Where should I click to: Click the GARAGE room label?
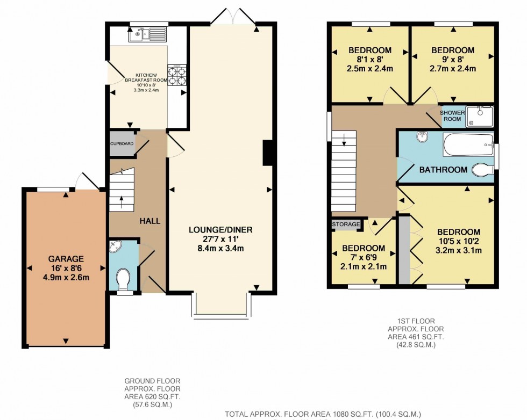(65, 259)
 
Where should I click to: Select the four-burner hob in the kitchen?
(178, 75)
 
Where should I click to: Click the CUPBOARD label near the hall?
(122, 144)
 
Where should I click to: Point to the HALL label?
(150, 220)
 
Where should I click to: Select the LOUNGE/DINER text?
(220, 230)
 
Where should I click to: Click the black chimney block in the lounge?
(267, 153)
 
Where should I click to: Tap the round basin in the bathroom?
(422, 136)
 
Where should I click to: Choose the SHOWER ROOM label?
(452, 115)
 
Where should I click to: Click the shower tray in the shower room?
(479, 116)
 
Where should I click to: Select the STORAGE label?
(346, 225)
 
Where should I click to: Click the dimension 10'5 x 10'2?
(459, 241)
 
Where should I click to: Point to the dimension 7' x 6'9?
(364, 257)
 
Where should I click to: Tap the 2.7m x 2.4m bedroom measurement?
(452, 69)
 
